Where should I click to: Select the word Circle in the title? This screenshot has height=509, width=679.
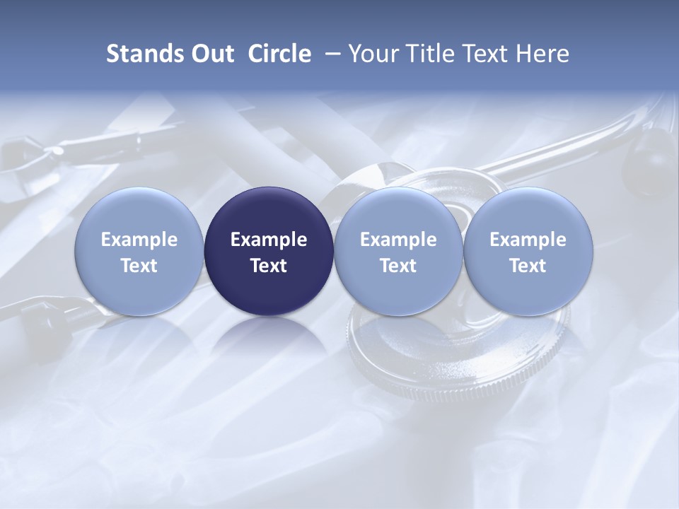(279, 54)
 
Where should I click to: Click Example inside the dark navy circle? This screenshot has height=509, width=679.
(269, 240)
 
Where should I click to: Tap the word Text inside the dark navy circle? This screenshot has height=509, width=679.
(269, 266)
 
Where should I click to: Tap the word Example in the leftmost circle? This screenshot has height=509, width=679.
(139, 240)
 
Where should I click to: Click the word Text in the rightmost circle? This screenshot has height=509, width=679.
(528, 266)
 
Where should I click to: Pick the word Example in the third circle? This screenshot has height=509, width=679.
(398, 240)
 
